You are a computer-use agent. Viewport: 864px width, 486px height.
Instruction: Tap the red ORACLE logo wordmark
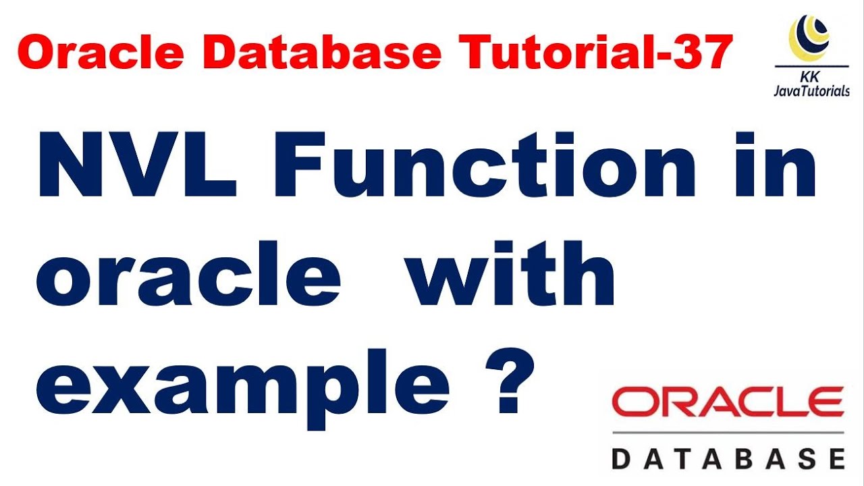pos(728,403)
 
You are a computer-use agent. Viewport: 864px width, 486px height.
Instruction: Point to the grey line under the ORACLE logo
pos(728,432)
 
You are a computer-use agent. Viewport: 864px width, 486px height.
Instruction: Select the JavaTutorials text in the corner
pos(811,91)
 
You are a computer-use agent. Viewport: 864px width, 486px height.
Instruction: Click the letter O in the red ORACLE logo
pos(632,403)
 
